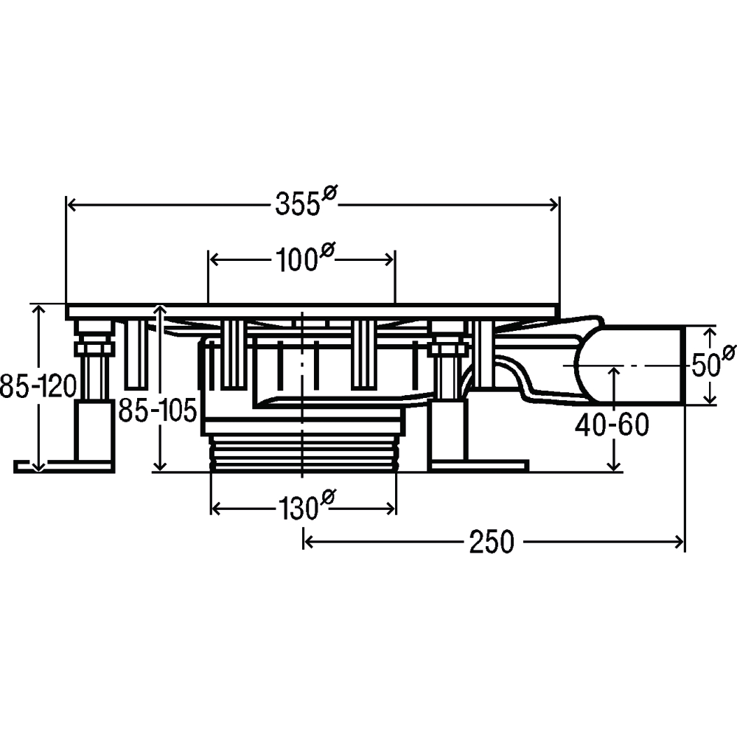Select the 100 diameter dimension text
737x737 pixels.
(304, 256)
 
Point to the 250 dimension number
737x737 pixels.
(492, 542)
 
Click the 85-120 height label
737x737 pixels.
(38, 386)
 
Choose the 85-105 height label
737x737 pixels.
(157, 411)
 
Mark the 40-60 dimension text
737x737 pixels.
(612, 425)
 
